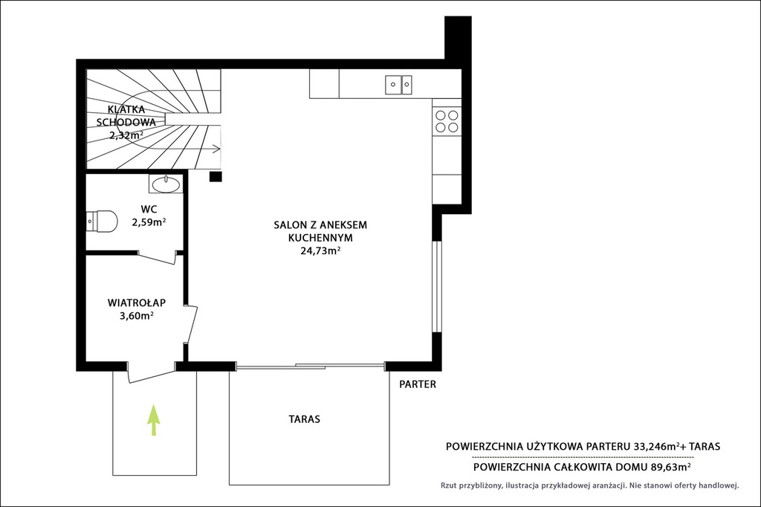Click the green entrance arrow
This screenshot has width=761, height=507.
154,420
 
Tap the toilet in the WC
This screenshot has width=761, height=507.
102,222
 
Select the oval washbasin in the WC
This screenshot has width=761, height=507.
166,184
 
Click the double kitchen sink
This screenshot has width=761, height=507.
398,85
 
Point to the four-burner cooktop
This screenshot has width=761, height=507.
447,121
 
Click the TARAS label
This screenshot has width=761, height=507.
304,419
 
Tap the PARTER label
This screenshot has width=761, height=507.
418,384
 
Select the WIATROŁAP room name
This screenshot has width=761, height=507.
137,303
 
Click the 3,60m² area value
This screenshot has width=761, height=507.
137,316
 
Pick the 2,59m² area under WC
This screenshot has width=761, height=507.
149,222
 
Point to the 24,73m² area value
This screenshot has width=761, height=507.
320,251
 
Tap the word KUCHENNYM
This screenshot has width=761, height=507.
320,238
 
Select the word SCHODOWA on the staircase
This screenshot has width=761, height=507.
126,123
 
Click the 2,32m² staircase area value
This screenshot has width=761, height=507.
126,135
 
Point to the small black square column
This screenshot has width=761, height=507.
216,176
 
